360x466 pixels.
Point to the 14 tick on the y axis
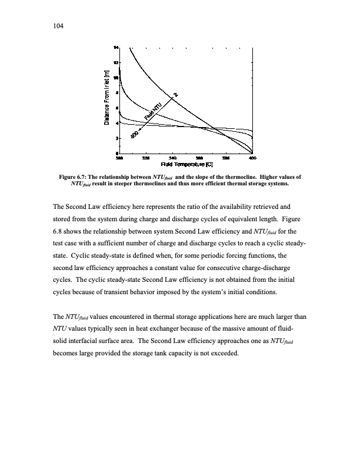point(116,47)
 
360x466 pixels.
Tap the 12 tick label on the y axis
point(116,62)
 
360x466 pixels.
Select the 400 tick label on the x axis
point(252,158)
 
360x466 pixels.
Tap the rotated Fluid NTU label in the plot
point(154,112)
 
